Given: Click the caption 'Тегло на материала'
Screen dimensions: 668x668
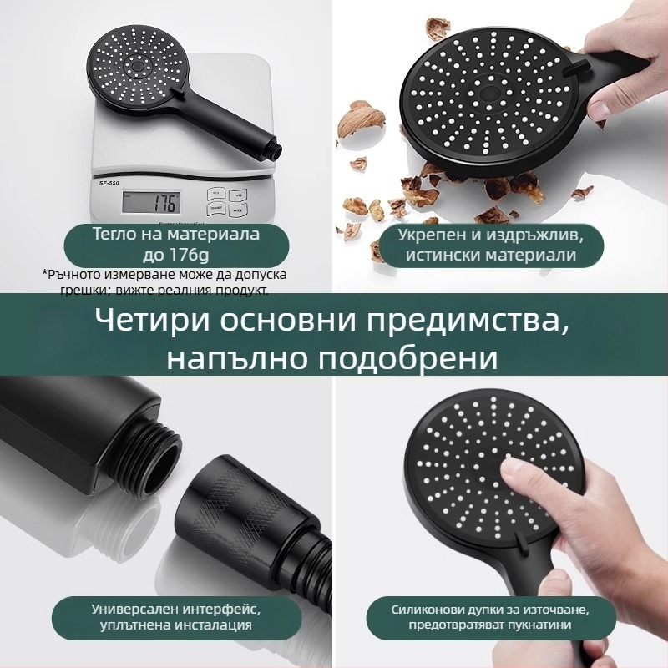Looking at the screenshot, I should pyautogui.click(x=176, y=235).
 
